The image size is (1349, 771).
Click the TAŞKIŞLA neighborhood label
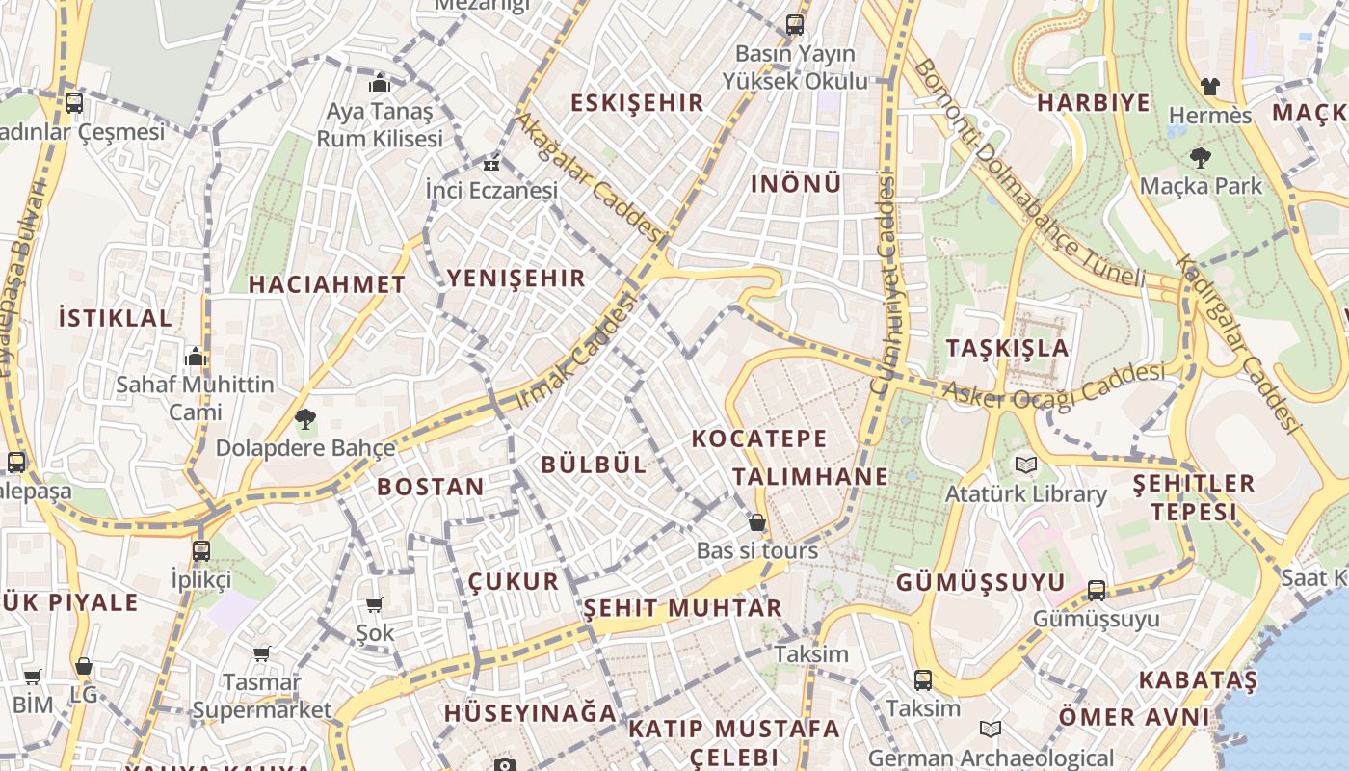(1008, 348)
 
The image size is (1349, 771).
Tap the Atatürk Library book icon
(1026, 465)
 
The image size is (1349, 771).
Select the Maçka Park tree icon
(1200, 157)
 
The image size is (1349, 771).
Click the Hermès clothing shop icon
(1210, 87)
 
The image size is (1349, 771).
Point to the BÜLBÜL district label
(594, 464)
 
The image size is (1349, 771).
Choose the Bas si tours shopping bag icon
(757, 522)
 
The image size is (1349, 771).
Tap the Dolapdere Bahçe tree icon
(305, 419)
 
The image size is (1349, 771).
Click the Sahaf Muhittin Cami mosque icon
(196, 357)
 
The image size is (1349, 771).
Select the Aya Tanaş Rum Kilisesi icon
(379, 82)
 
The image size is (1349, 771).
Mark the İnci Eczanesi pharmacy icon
(492, 162)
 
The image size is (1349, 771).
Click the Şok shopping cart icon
(375, 604)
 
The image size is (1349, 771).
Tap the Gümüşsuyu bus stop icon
(1097, 590)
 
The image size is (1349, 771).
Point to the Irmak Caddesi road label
(577, 352)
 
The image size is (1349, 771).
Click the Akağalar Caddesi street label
(591, 178)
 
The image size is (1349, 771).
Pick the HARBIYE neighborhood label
(1094, 102)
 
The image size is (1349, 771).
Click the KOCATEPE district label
(759, 439)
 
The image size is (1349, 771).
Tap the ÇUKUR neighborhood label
(513, 581)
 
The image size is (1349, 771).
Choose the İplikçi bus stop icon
(200, 551)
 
